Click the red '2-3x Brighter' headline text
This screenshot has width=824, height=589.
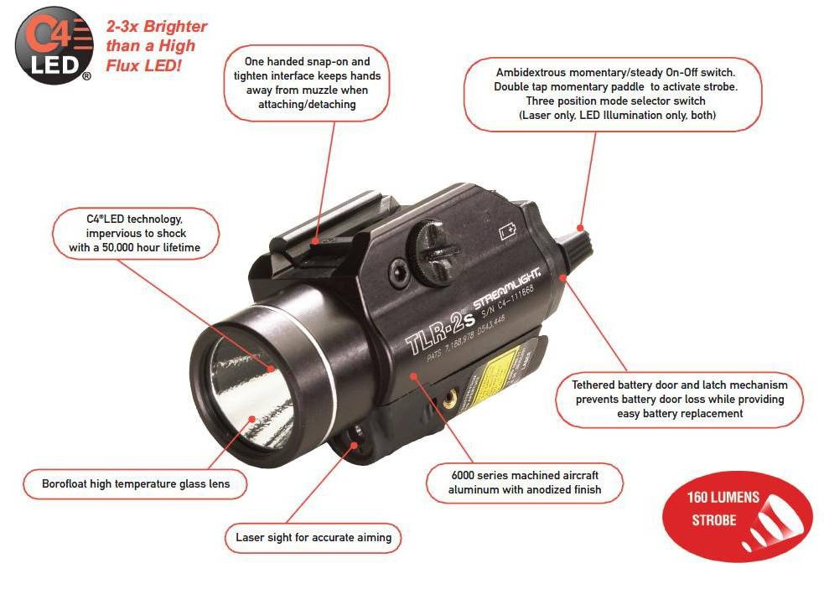click(x=156, y=45)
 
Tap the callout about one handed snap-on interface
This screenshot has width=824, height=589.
click(x=307, y=83)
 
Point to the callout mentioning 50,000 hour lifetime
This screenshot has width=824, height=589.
click(x=137, y=233)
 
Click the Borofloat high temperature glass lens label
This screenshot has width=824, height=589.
click(x=135, y=483)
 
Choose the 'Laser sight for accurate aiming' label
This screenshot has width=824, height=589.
click(x=313, y=537)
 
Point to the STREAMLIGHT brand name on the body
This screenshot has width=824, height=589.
click(x=508, y=289)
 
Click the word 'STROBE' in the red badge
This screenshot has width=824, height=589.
click(x=713, y=520)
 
